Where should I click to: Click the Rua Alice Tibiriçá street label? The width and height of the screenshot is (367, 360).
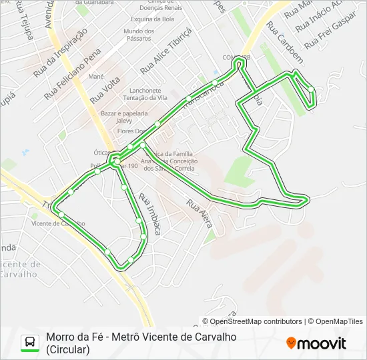(x=166, y=51)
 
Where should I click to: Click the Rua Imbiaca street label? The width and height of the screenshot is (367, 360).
(x=150, y=214)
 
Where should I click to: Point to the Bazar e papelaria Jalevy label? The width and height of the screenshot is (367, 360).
(x=125, y=117)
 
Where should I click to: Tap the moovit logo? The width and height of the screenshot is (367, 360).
(x=316, y=343)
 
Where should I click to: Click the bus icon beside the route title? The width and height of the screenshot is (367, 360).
(x=30, y=343)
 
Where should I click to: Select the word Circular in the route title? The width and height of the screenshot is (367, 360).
(x=67, y=349)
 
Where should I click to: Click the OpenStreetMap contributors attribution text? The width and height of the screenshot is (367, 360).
(x=256, y=321)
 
